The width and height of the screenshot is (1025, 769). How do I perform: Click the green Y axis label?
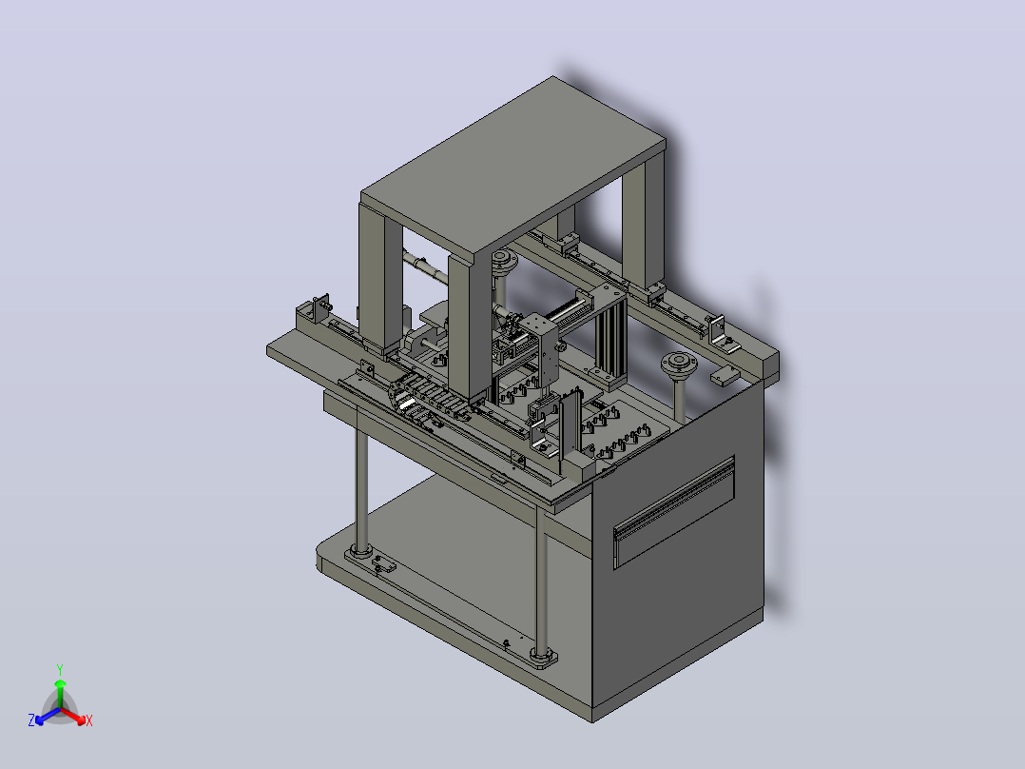[60, 669]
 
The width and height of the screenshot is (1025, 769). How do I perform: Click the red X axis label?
[89, 720]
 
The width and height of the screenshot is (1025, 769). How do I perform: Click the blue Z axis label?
[31, 720]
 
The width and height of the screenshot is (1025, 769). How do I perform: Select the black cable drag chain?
[428, 398]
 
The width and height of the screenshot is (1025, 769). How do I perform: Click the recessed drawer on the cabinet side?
[674, 511]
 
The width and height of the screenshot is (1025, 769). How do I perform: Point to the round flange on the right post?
[679, 364]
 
